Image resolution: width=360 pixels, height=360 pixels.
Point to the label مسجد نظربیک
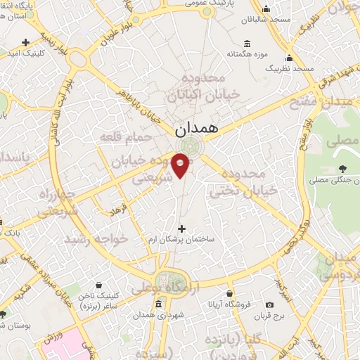pyautogui.click(x=289, y=68)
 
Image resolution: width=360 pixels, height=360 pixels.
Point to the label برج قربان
pyautogui.click(x=269, y=316)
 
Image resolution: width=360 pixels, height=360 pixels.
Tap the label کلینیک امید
pyautogui.click(x=27, y=53)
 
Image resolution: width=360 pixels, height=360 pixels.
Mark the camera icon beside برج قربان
pyautogui.click(x=269, y=304)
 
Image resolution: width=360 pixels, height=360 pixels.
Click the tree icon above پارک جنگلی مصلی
pyautogui.click(x=342, y=168)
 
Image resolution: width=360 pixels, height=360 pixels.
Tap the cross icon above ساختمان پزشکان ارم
pyautogui.click(x=183, y=229)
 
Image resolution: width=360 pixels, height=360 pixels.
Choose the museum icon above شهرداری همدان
pyautogui.click(x=158, y=304)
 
